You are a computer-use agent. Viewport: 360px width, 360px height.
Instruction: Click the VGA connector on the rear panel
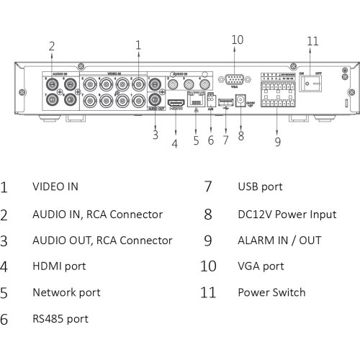tap(233, 81)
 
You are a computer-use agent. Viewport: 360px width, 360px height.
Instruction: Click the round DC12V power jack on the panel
tap(241, 101)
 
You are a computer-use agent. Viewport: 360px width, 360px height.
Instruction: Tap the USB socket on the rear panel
tap(225, 102)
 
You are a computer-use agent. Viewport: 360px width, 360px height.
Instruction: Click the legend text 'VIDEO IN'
tap(55, 186)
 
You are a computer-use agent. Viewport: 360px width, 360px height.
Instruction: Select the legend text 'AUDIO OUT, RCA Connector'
tap(102, 240)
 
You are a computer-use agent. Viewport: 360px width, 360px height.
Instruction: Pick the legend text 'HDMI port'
tap(58, 266)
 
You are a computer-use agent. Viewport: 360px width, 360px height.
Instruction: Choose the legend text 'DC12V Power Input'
tap(287, 213)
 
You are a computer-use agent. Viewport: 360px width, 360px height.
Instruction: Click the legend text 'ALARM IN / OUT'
tap(279, 240)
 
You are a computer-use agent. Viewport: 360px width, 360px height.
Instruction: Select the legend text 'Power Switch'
tap(271, 292)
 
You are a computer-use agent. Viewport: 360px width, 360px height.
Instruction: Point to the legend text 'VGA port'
tap(261, 266)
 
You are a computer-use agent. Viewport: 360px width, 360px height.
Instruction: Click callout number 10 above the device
tap(238, 40)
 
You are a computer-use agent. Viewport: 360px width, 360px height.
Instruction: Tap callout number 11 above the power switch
tap(312, 40)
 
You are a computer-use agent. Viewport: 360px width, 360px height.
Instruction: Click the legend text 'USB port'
tap(260, 186)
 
